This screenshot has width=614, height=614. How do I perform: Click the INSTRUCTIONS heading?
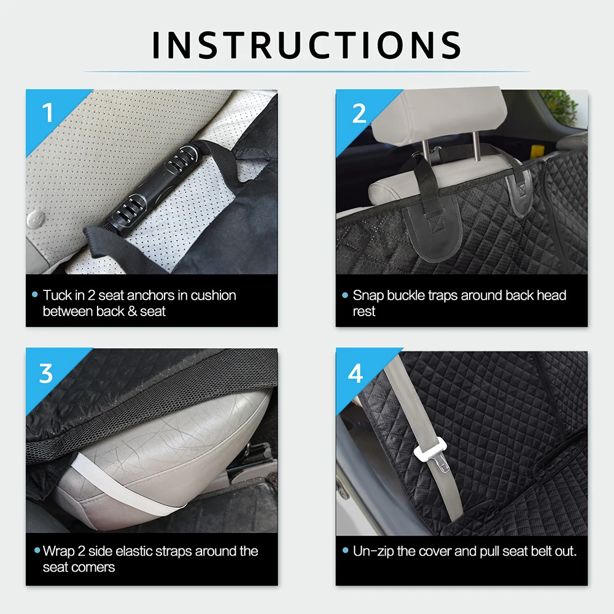point(306,45)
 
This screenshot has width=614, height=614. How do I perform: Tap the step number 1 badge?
point(48,113)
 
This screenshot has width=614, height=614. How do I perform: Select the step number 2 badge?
point(359,113)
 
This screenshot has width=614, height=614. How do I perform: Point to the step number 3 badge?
point(46,373)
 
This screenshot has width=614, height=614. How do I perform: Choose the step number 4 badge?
point(356,373)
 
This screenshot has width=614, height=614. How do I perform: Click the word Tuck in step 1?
point(58,295)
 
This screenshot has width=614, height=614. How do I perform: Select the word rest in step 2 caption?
point(363,311)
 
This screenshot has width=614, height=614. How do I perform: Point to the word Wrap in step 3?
point(59,551)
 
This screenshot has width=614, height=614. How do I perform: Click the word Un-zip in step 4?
point(373,551)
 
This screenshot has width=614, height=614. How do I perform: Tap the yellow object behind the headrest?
point(536,152)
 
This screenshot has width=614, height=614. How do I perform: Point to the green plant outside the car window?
point(559,105)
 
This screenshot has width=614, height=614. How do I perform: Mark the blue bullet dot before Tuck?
point(35,295)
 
